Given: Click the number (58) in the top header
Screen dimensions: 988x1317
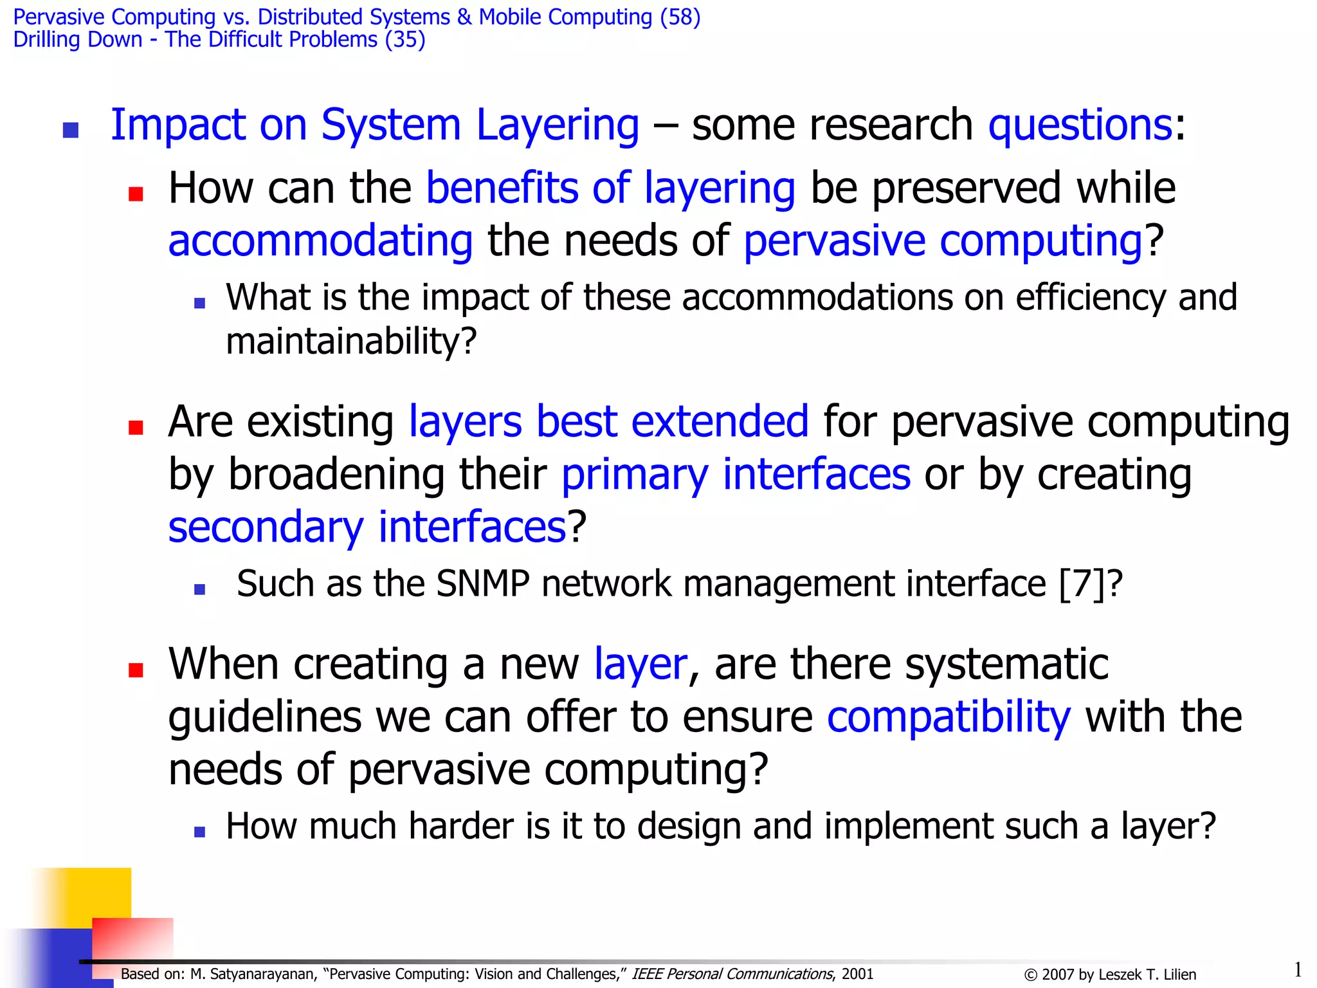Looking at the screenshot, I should (680, 17).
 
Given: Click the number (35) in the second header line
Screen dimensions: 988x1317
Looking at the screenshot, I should (404, 40).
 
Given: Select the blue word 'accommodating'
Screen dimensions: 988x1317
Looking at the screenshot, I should (320, 241).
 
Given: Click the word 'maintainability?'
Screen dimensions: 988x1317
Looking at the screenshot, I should (351, 341).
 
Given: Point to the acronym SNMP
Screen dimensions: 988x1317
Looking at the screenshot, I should (482, 584).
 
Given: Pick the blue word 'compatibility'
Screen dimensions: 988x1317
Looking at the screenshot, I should (949, 717).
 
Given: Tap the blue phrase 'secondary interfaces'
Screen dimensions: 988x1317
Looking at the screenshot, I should (367, 527).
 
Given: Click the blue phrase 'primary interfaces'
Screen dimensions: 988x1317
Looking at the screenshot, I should (736, 475).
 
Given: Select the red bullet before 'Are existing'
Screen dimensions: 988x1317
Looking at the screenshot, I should (136, 428).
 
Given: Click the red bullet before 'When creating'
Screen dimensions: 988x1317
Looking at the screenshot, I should (136, 670).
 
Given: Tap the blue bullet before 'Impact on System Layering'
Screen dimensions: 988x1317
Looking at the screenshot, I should (71, 131).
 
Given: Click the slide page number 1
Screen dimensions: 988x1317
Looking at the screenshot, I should (1298, 969).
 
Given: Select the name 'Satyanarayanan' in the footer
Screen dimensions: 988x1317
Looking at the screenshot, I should (263, 974).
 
